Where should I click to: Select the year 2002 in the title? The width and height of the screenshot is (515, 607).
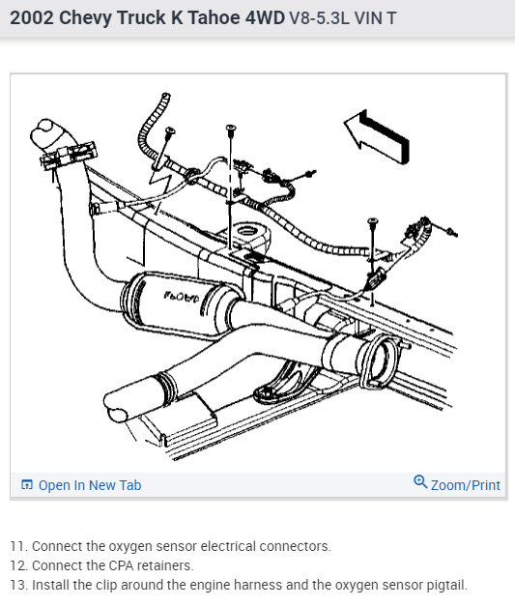(31, 18)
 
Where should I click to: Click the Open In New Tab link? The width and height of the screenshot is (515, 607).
(90, 485)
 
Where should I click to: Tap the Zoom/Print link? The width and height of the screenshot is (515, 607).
(466, 485)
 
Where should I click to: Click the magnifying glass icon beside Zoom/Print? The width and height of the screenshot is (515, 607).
(420, 482)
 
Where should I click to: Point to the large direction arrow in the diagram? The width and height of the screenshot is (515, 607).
(377, 136)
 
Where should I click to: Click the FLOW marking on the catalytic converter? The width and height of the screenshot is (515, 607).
(181, 298)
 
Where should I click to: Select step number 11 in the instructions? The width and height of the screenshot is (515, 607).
(18, 546)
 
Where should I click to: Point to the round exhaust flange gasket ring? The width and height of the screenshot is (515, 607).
(378, 361)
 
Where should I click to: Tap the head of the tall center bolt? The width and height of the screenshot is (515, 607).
(231, 128)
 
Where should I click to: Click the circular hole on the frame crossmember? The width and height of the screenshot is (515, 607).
(246, 231)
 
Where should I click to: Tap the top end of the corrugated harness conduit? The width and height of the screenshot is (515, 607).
(165, 96)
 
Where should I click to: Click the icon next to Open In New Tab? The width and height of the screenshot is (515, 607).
(27, 484)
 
